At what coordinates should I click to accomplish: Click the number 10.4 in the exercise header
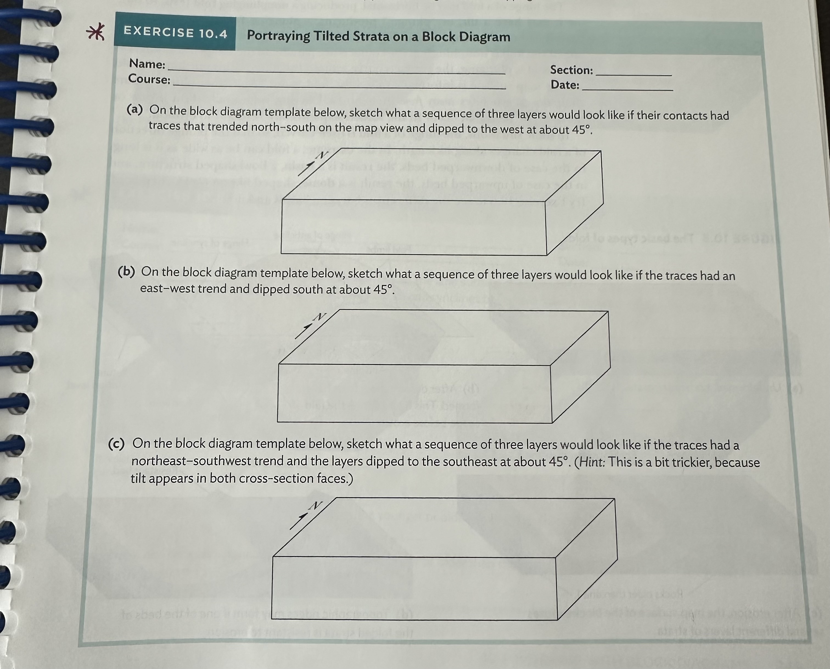[x=213, y=34]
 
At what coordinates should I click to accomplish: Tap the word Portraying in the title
[x=278, y=36]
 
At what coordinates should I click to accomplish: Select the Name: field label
[x=147, y=64]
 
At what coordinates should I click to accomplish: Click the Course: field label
[x=149, y=79]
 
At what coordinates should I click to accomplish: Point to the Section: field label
[x=571, y=70]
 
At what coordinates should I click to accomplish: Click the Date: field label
[x=565, y=85]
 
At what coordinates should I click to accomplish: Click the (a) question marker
[x=135, y=110]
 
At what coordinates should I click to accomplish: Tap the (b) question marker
[x=126, y=272]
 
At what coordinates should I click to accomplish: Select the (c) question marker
[x=116, y=444]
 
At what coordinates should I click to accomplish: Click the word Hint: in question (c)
[x=590, y=462]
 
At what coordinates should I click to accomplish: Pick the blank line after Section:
[x=633, y=73]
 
